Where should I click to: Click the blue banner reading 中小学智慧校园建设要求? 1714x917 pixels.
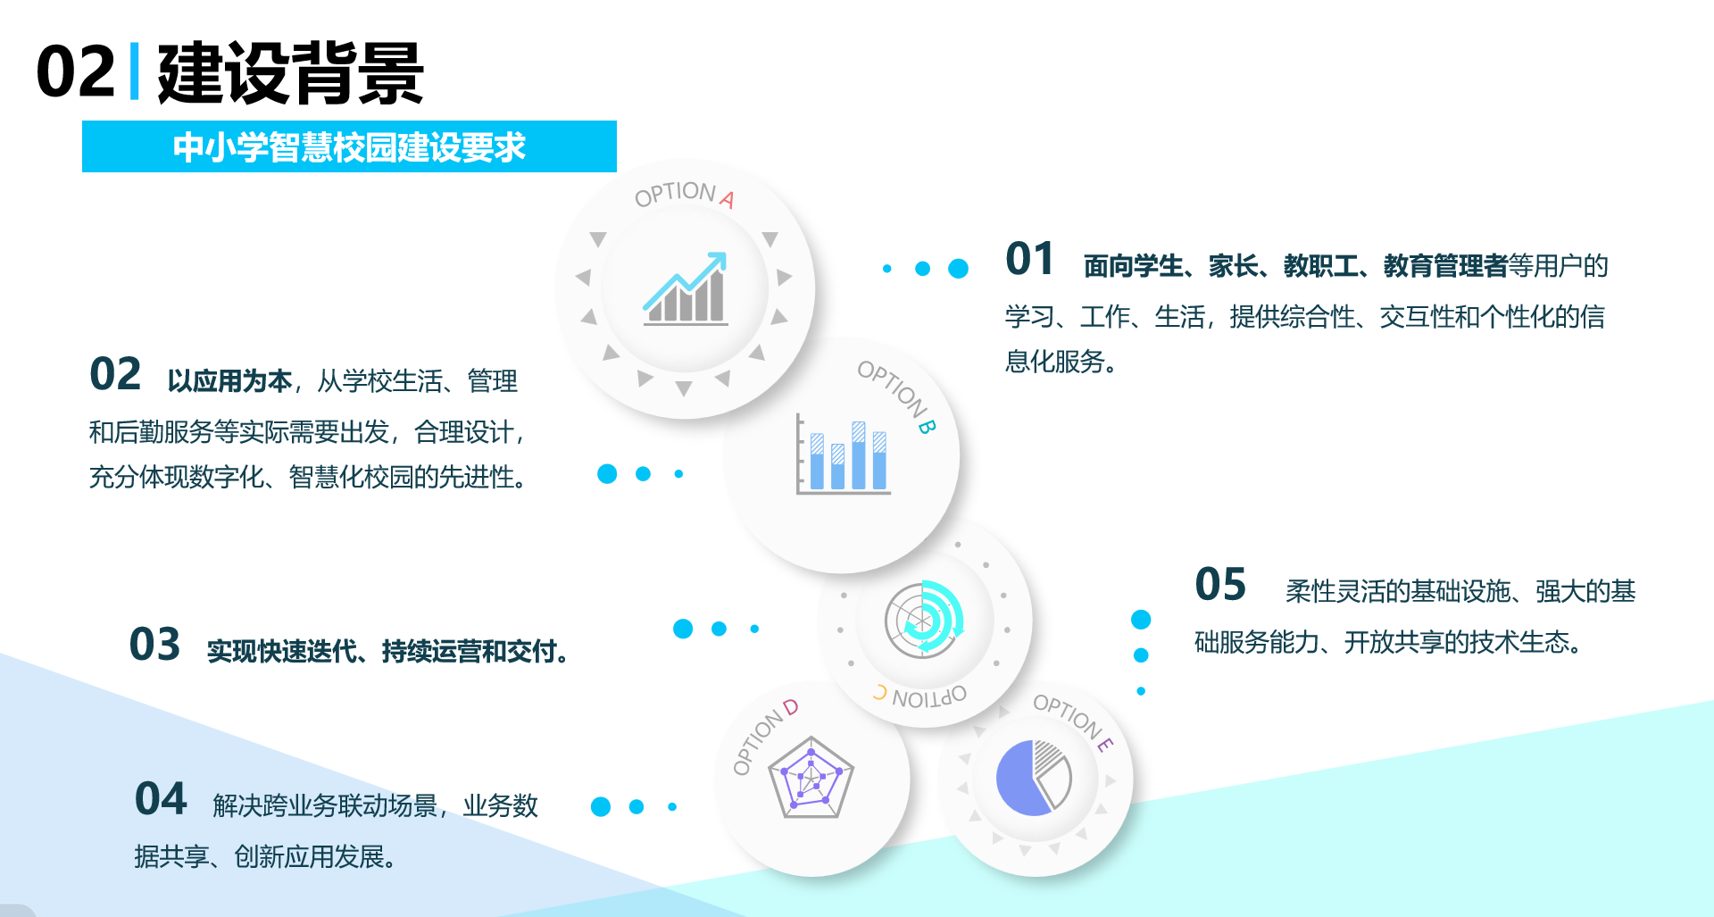tap(349, 146)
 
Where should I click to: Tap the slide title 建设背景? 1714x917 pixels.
tap(290, 73)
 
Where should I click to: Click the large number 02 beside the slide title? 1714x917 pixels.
tap(76, 72)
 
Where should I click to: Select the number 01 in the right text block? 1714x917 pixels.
tap(1029, 259)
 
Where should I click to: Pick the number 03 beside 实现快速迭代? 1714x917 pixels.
tap(154, 645)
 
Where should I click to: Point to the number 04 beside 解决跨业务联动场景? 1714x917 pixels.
tap(161, 798)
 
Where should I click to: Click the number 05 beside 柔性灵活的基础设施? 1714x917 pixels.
tap(1220, 585)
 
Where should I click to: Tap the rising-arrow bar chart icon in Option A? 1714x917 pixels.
tap(686, 288)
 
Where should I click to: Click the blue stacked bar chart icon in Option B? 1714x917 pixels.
tap(843, 454)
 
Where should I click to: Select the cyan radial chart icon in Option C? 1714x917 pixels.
tap(925, 618)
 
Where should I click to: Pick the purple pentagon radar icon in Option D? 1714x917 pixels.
tap(811, 777)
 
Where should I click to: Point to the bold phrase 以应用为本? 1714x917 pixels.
tap(229, 381)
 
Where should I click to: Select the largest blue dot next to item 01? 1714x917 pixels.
tap(958, 269)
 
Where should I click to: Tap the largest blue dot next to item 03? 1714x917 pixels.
tap(683, 629)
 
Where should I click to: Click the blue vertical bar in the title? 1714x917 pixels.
tap(135, 71)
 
